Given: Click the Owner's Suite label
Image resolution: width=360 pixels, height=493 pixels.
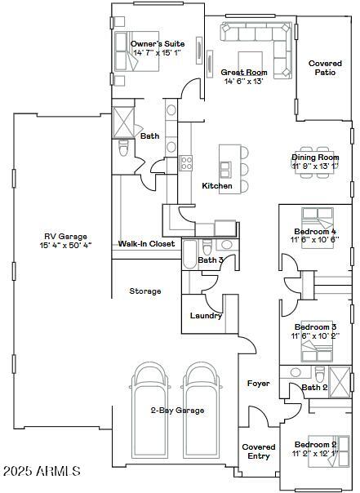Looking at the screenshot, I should (158, 43).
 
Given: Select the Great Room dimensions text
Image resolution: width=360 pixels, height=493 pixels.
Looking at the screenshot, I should (243, 81).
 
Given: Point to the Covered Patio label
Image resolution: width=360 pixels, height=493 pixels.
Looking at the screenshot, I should (325, 67).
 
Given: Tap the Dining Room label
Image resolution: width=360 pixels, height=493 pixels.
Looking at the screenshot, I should (315, 157).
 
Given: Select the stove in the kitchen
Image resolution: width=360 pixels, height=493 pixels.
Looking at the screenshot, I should (186, 162).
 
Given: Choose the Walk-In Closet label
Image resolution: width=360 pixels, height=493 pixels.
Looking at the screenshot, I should (147, 243).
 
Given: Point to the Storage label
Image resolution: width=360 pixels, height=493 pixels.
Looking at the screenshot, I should (145, 291).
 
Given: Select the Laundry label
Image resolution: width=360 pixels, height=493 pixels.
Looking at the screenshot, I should (206, 316).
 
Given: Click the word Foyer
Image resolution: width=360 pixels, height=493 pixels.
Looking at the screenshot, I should (258, 383).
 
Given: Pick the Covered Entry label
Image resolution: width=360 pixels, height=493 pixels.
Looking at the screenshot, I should (258, 451).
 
